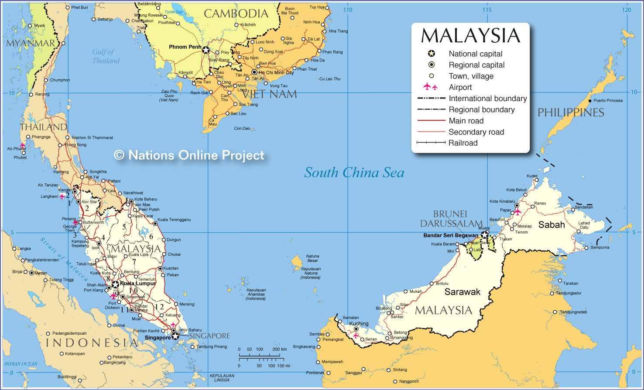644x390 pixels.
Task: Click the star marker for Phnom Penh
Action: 206,50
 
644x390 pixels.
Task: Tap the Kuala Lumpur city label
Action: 137,283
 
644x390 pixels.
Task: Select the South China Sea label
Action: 354,173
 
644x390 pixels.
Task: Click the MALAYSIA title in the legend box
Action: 470,36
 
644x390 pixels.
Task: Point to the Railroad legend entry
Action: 463,143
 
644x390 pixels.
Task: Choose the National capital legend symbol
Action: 431,54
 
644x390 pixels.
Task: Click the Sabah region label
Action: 551,225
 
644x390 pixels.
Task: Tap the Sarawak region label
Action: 462,292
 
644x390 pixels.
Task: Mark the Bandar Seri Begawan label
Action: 450,235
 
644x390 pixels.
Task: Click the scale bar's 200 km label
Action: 279,349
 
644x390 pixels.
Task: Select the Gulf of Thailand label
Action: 106,56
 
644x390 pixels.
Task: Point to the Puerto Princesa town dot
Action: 590,101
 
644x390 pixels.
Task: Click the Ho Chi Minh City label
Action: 276,73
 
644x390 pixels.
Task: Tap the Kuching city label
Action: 359,324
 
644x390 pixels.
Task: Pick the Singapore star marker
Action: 175,336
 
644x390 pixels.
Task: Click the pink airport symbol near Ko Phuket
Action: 22,146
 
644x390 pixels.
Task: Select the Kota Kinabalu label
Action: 502,201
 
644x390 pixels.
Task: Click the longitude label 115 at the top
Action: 486,10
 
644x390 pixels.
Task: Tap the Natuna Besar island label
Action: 312,258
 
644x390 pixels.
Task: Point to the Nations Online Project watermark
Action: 189,156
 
